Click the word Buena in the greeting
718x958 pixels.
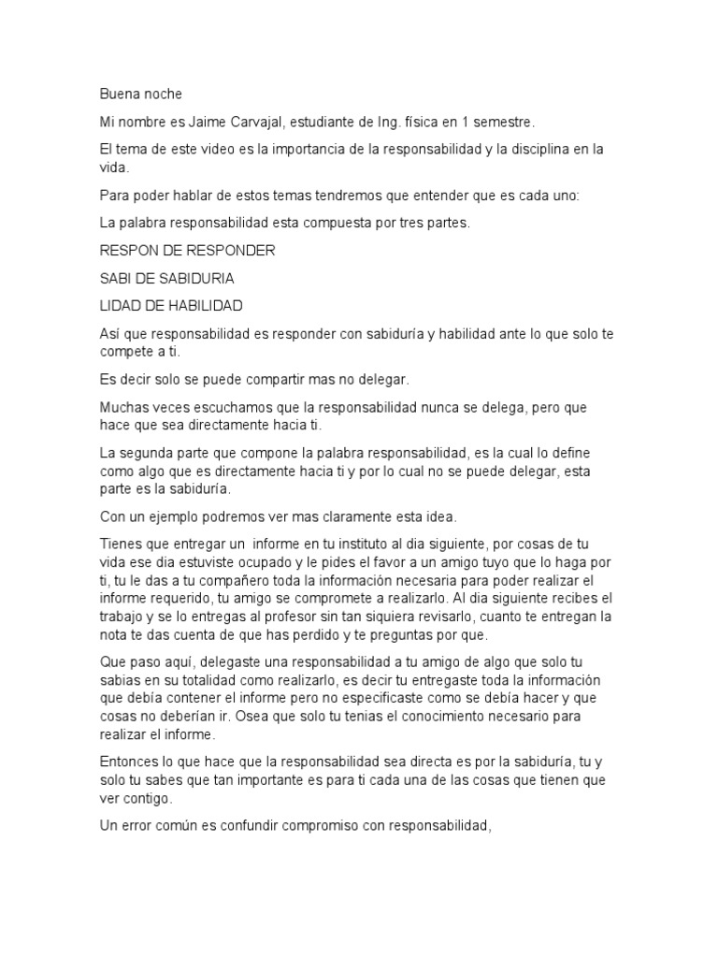click(x=120, y=94)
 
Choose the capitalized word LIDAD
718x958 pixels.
click(x=121, y=305)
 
